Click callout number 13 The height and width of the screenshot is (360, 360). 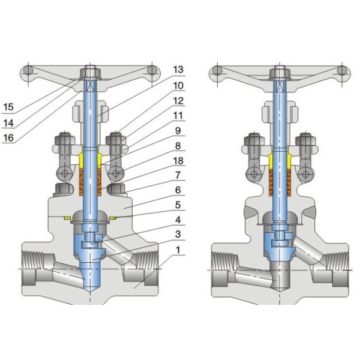pos(178,70)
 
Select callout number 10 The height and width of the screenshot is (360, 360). pos(178,86)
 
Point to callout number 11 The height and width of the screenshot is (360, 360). pos(178,116)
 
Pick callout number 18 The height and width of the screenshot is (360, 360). pos(178,161)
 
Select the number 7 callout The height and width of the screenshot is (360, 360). pos(178,176)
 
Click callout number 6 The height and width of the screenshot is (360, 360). pos(178,191)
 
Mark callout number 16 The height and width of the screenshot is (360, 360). pos(8,138)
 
